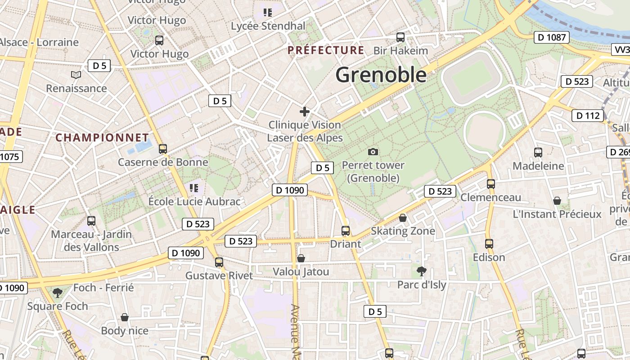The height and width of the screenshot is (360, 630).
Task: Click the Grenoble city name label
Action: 381,75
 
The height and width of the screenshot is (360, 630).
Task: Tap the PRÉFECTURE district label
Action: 326,50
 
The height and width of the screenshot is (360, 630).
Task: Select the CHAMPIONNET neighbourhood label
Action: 102,138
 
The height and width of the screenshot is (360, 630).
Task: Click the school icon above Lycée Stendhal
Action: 268,12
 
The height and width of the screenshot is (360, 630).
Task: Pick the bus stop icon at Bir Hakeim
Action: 400,37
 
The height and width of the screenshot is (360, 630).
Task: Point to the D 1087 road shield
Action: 552,37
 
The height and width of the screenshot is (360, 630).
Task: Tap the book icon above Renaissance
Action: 76,75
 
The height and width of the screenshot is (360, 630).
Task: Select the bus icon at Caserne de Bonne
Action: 163,148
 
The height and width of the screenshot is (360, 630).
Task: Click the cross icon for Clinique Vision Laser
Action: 305,111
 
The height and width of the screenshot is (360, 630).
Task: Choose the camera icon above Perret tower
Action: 373,152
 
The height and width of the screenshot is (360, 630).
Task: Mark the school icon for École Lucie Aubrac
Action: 194,188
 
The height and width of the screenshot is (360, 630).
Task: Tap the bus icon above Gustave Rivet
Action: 219,262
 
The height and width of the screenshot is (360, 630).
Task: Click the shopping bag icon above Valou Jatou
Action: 301,258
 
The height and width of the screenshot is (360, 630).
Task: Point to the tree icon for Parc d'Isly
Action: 421,271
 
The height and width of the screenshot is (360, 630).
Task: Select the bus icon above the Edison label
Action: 489,243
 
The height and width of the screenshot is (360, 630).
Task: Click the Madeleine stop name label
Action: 538,166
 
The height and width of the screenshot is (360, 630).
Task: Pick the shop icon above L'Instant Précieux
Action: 557,201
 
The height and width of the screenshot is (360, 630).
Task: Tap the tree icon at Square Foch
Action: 57,293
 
